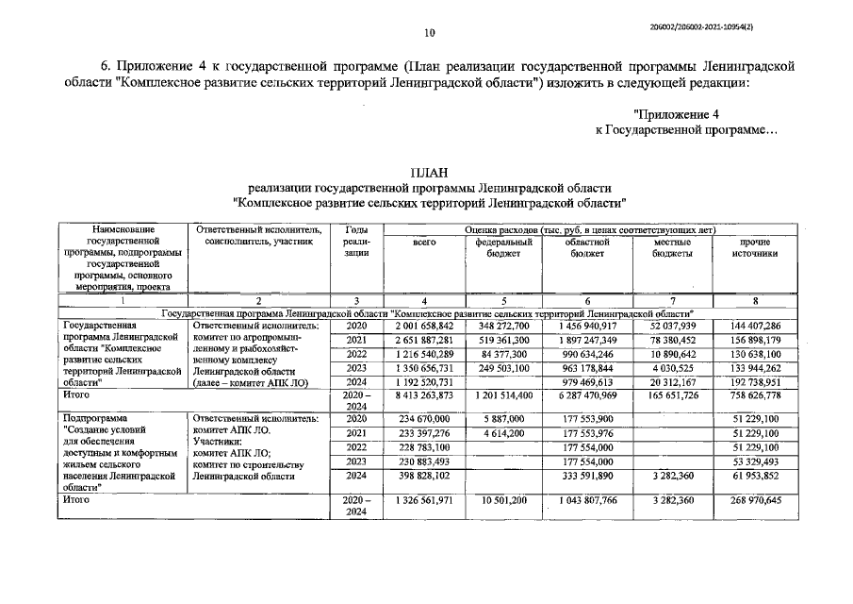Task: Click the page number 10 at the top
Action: tap(429, 33)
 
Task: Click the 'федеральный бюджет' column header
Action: tap(503, 248)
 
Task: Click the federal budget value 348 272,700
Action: tap(503, 326)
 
